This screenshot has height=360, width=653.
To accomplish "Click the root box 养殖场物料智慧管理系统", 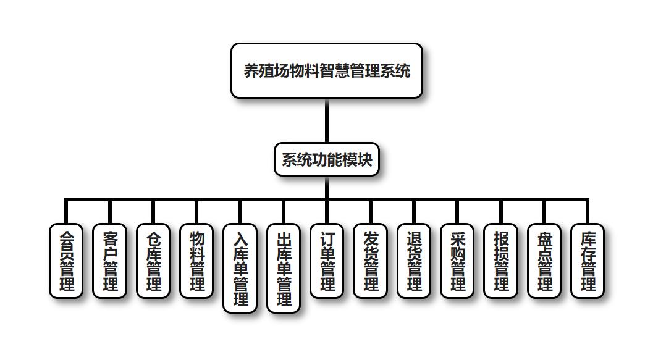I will click(326, 70).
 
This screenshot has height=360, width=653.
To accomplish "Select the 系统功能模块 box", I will click(326, 159).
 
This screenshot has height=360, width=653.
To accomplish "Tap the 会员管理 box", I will click(66, 261).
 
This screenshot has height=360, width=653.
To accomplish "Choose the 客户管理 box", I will click(109, 261).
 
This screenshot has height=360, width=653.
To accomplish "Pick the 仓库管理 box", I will click(153, 261).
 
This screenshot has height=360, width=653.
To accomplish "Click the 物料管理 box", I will click(196, 261).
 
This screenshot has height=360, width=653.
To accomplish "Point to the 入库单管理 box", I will click(240, 268).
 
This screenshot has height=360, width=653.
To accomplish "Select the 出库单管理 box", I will click(284, 268).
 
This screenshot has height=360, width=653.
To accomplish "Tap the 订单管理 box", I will click(327, 261).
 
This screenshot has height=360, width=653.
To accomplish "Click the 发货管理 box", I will click(370, 261).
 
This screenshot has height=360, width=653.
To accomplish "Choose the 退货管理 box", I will click(414, 261).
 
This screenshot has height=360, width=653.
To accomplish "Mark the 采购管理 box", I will click(457, 261).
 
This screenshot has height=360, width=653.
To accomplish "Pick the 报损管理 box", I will click(500, 261).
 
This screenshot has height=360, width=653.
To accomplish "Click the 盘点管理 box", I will click(544, 261).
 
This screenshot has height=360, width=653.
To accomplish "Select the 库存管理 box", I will click(588, 261).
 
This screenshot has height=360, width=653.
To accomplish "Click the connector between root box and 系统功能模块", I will click(326, 120).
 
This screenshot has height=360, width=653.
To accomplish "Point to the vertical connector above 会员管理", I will click(66, 212).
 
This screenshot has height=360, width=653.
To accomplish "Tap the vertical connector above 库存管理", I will click(588, 212).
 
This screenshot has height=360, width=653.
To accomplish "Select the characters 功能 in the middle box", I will click(327, 159).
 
